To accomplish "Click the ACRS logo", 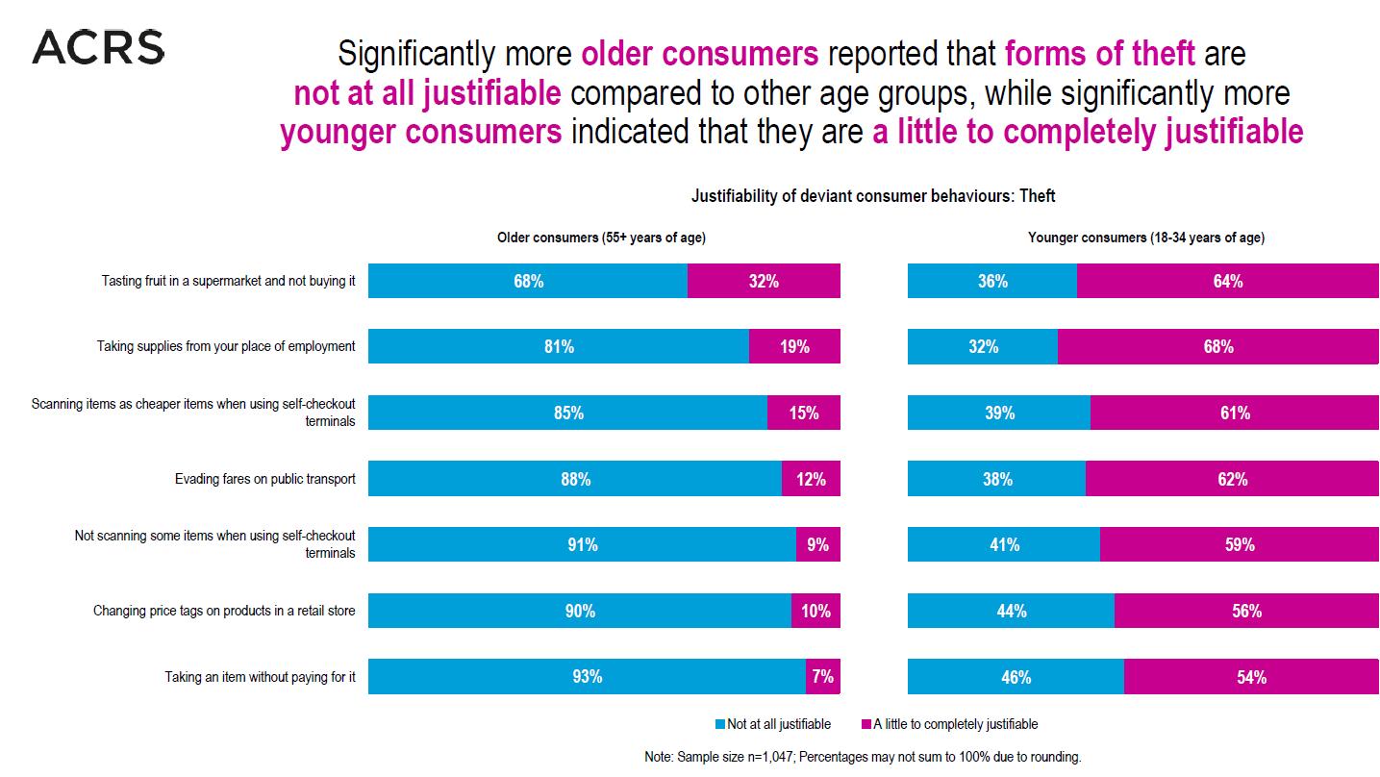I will click(98, 46).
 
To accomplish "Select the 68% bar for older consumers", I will click(528, 281).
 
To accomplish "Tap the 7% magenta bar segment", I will click(822, 676).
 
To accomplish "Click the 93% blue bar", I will click(587, 676).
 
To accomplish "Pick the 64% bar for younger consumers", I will click(1228, 281).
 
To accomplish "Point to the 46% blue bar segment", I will click(1016, 676).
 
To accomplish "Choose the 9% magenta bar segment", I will click(817, 544).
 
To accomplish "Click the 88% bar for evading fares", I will click(575, 479).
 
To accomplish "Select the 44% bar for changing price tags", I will click(1011, 611).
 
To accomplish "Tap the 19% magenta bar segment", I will click(794, 346).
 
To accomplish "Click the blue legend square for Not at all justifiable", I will click(720, 724).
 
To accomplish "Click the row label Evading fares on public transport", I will click(264, 479).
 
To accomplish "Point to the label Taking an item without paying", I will click(260, 677).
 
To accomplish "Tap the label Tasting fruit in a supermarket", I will click(229, 282).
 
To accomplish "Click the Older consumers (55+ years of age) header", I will click(608, 238).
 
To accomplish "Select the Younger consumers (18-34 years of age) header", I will click(1145, 238).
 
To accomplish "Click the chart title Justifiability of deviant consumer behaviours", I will click(873, 196).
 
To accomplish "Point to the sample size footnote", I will click(863, 757).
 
